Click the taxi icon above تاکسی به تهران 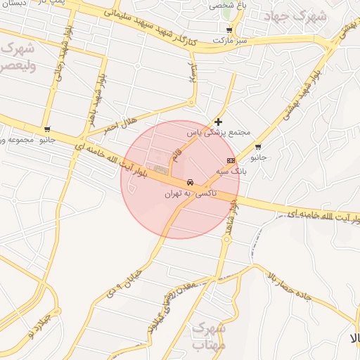tap(191, 183)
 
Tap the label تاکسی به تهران tap(191, 193)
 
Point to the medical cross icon tap(219, 122)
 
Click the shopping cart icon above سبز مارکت tap(230, 31)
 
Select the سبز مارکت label tap(233, 41)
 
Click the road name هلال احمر tap(122, 120)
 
